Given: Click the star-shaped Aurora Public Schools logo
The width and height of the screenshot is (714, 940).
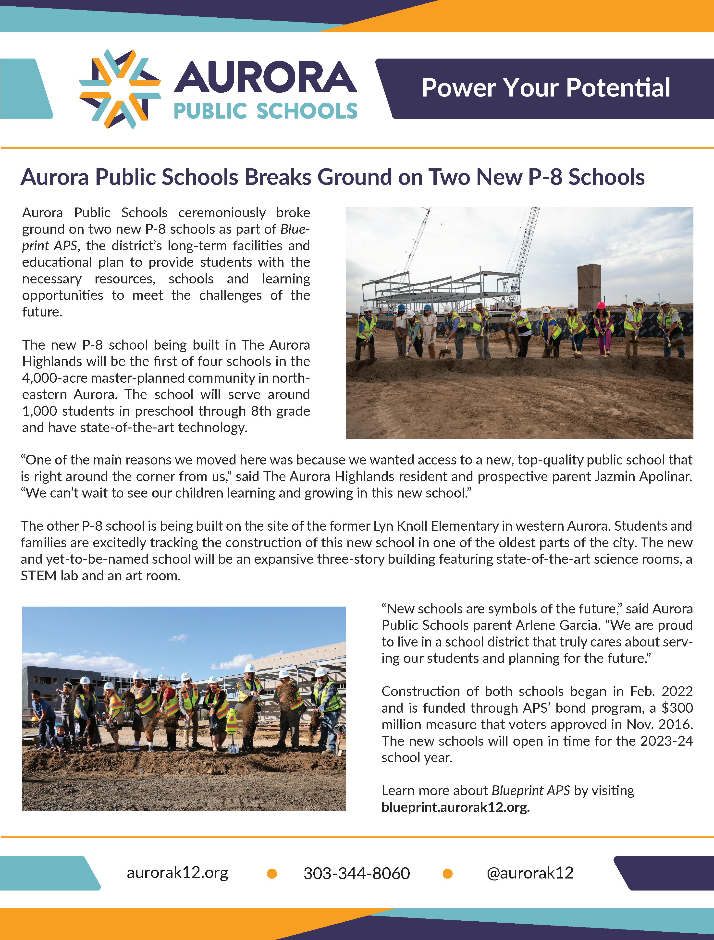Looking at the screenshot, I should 120,89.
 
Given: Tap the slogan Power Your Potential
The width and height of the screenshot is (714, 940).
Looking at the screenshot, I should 546,88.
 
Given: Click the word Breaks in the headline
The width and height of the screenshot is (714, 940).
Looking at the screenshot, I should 278,177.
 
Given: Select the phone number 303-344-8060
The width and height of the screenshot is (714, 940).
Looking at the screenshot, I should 357,873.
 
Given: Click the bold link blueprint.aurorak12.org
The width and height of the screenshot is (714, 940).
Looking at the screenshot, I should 455,807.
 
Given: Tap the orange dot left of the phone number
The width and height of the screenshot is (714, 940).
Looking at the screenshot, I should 272,874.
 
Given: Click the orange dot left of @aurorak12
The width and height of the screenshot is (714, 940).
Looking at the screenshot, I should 447,874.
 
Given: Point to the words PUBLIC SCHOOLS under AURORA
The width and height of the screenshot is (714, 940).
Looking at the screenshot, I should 265,111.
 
